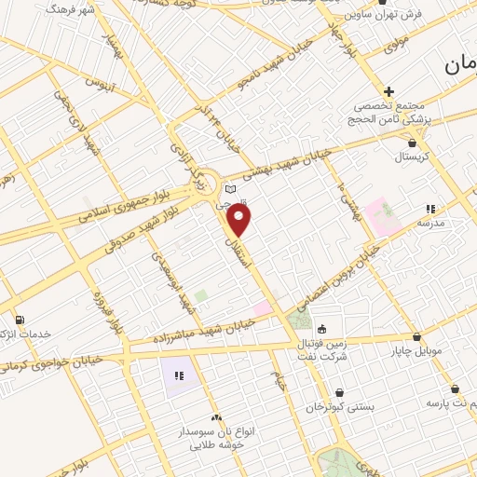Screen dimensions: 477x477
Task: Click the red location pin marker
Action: click(239, 220)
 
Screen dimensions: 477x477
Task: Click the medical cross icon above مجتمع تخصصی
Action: click(388, 91)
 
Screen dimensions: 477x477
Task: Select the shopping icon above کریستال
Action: click(413, 143)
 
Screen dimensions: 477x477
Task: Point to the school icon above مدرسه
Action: click(429, 209)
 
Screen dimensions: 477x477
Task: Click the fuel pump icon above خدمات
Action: click(20, 320)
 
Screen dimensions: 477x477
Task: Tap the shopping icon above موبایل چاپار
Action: click(416, 336)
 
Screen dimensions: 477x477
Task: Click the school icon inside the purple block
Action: click(178, 376)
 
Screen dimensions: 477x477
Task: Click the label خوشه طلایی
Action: click(216, 445)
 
